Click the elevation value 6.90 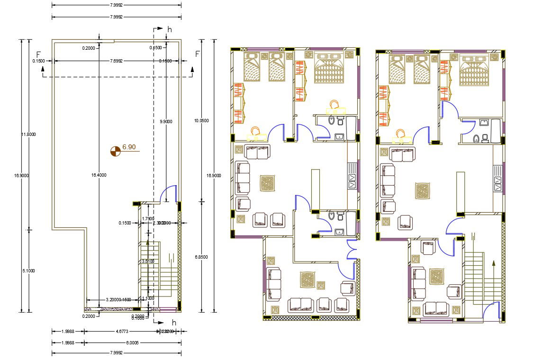click(129, 147)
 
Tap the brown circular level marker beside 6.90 click(115, 151)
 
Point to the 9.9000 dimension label click(166, 122)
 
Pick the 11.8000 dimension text click(28, 134)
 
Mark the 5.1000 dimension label click(28, 270)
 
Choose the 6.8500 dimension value click(201, 257)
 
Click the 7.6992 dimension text click(116, 61)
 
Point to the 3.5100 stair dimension click(148, 261)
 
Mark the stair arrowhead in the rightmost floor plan click(493, 263)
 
